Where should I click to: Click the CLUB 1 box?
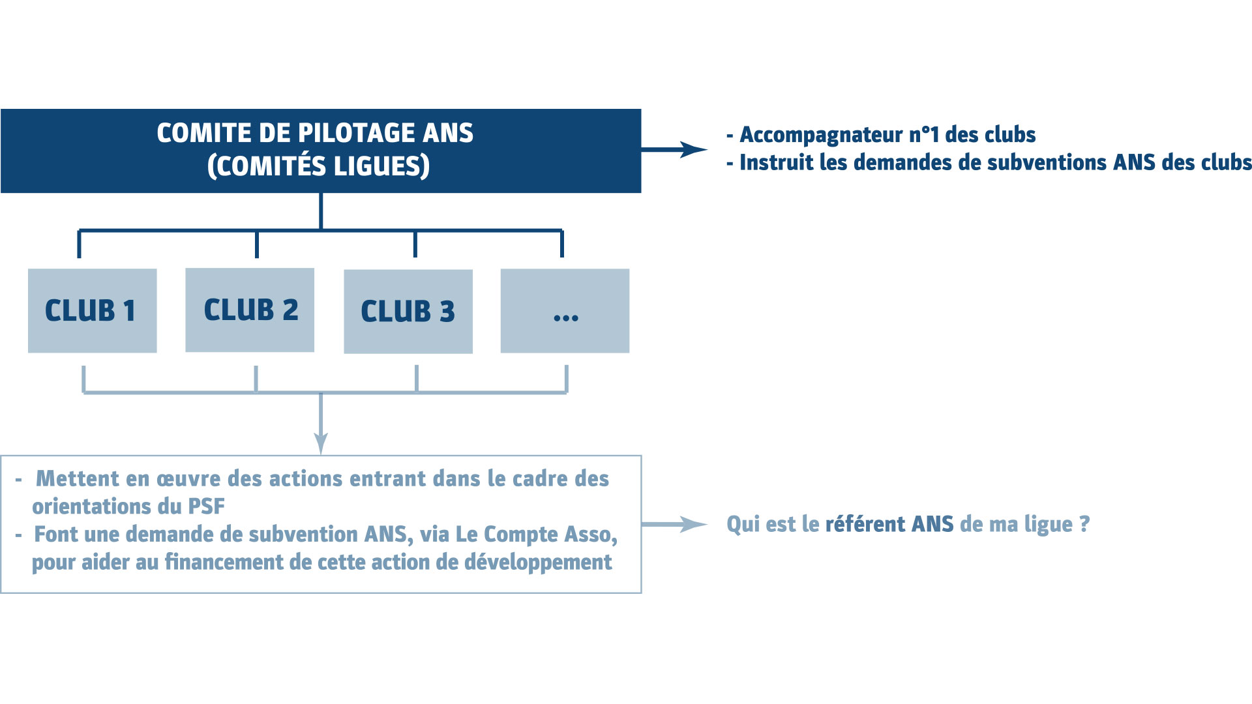pyautogui.click(x=92, y=311)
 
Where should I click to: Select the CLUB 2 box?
pyautogui.click(x=250, y=310)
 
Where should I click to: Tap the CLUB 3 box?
pyautogui.click(x=408, y=312)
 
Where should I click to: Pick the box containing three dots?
pyautogui.click(x=565, y=311)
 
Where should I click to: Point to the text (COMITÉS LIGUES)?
pyautogui.click(x=318, y=166)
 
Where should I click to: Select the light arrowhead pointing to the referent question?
pyautogui.click(x=694, y=524)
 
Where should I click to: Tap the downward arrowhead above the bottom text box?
pyautogui.click(x=321, y=443)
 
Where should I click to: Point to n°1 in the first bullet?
pyautogui.click(x=924, y=134)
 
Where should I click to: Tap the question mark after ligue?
pyautogui.click(x=1084, y=524)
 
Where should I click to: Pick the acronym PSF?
pyautogui.click(x=206, y=506)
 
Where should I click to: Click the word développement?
pyautogui.click(x=538, y=563)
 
